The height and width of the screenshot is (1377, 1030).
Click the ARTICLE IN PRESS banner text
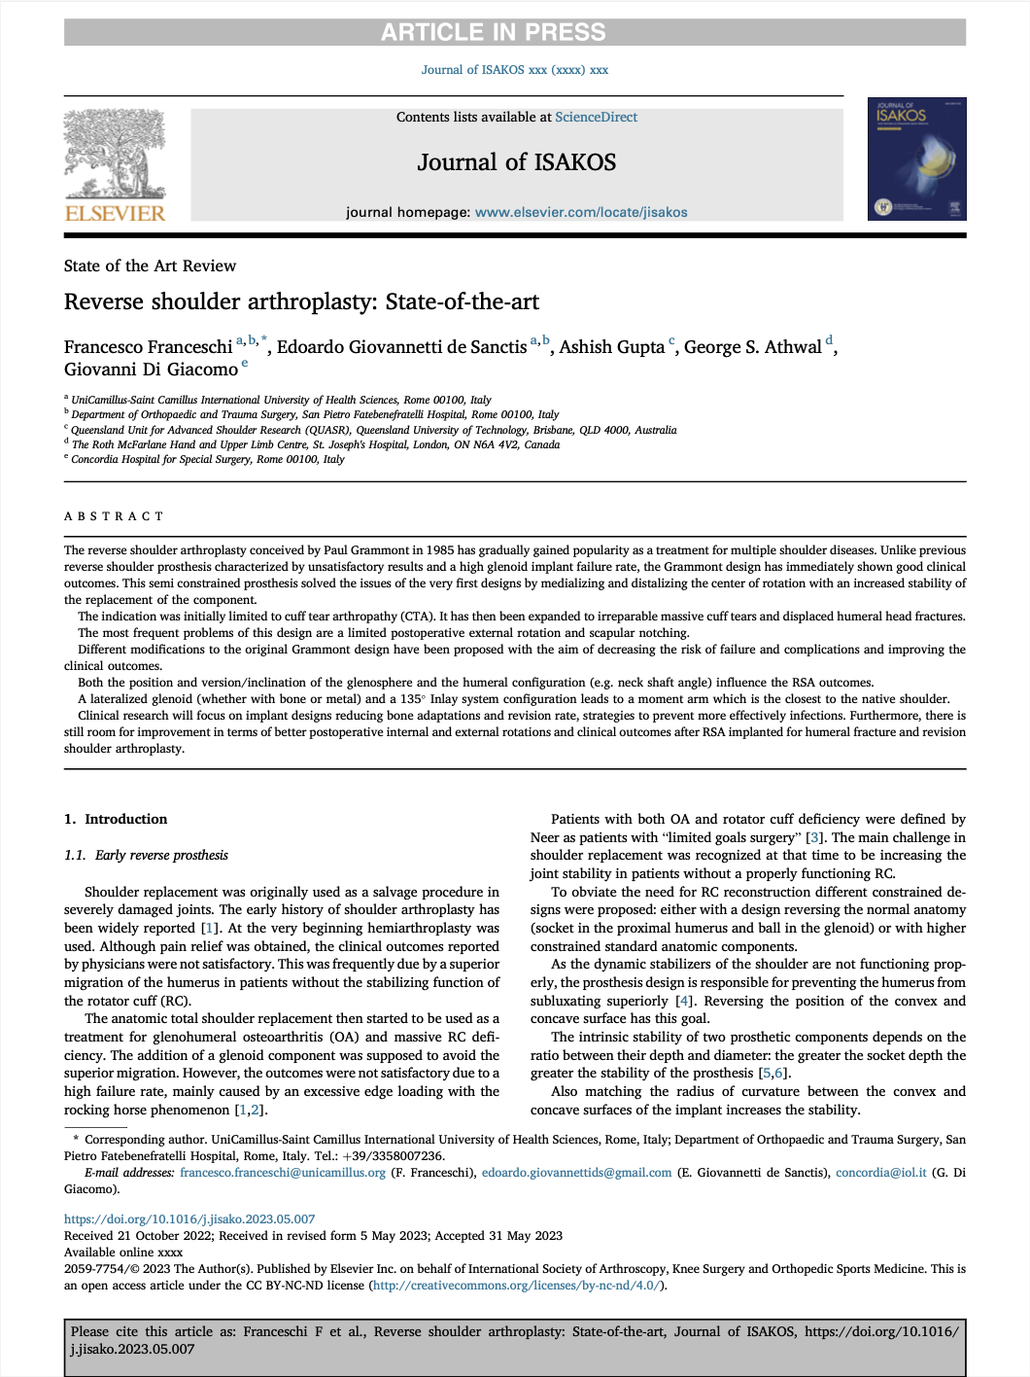tap(493, 32)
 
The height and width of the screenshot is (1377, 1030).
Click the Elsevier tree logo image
tap(115, 153)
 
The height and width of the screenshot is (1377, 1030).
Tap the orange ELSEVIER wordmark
tap(115, 213)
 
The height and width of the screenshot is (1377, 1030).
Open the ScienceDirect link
tap(596, 117)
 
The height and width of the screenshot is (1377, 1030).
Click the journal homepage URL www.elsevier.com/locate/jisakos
tap(580, 212)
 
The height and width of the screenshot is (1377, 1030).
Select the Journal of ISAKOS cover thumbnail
tap(916, 159)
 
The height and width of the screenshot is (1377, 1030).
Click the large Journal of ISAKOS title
tap(516, 162)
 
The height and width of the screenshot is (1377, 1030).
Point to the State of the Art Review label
tap(150, 265)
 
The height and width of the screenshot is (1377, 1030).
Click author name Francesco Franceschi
tap(148, 347)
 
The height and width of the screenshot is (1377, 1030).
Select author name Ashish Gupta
tap(611, 347)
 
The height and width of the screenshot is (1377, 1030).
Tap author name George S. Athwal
tap(752, 347)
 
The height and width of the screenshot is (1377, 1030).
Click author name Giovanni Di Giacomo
tap(151, 370)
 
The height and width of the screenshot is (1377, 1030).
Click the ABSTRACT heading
tap(114, 516)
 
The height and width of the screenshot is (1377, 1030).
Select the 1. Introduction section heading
tap(116, 819)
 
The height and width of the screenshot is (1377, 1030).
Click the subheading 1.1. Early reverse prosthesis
tap(146, 855)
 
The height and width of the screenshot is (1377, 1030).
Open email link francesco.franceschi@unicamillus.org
tap(282, 1173)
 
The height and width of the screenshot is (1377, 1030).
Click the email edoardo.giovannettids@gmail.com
tap(576, 1173)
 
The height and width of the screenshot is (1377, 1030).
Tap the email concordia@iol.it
tap(880, 1173)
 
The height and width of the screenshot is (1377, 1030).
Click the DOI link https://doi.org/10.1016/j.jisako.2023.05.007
tap(189, 1218)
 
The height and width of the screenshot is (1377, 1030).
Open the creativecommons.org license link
tap(516, 1286)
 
